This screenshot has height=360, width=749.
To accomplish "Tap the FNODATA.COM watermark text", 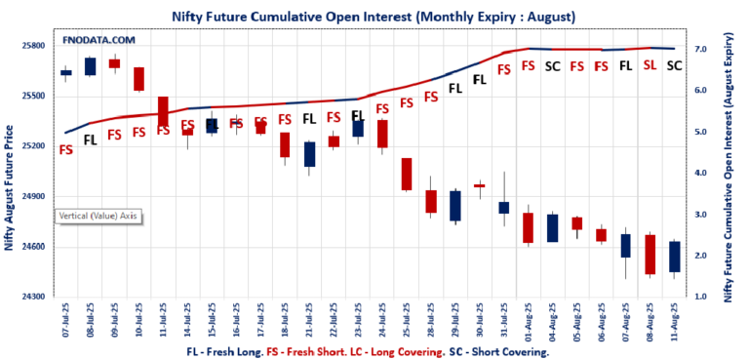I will coord(99,40).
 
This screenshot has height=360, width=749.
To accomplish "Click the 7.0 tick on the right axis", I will coord(700,48).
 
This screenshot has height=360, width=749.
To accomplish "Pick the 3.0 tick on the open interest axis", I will coord(700,214).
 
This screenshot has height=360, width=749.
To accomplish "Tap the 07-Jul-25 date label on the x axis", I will coord(65,320).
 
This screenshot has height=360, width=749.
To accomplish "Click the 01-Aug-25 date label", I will coord(528,320).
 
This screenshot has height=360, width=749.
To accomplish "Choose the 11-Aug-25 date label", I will coord(674,320).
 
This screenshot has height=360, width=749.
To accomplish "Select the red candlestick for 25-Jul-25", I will coord(407,174).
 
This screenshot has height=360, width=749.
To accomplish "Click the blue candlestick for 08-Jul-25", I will coord(90,66).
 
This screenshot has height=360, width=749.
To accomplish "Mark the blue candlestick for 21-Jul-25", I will coord(309,153).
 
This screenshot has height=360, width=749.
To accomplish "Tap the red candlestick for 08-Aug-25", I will coord(650,254).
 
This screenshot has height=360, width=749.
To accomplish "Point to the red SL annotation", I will coord(650,66).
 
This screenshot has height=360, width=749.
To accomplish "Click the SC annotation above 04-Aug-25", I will coord(552,66).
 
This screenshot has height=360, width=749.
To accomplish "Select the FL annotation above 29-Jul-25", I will coord(454,88).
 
